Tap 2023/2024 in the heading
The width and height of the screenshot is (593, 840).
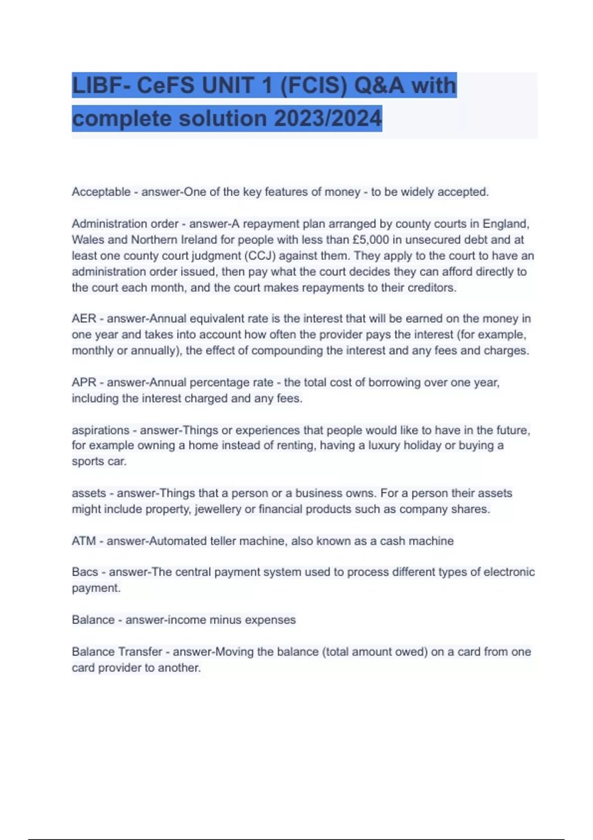(x=328, y=119)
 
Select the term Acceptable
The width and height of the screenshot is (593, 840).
(x=101, y=192)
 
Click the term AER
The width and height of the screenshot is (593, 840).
(x=84, y=319)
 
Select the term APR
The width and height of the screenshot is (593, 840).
(x=84, y=382)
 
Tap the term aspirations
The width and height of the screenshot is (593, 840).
(x=100, y=430)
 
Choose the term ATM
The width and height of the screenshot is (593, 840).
(x=84, y=541)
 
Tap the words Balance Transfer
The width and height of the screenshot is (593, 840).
(x=117, y=652)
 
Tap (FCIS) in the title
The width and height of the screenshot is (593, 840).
(x=313, y=85)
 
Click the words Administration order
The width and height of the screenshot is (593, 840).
(x=125, y=224)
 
